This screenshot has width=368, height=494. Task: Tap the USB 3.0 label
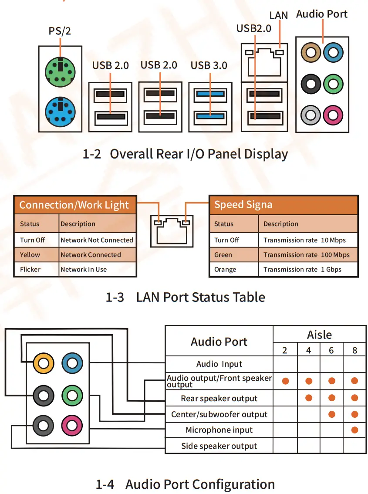click(x=209, y=66)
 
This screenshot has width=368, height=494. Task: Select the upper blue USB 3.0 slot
click(x=210, y=93)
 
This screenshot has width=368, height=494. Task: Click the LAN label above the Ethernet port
click(x=278, y=15)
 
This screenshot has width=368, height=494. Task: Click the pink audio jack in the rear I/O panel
click(x=333, y=115)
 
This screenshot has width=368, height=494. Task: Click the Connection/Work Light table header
click(x=74, y=205)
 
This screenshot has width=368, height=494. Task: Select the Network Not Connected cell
click(x=97, y=240)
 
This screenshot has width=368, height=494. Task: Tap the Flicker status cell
click(x=30, y=269)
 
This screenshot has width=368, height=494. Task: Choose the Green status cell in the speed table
click(x=223, y=255)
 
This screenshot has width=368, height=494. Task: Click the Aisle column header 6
click(x=331, y=350)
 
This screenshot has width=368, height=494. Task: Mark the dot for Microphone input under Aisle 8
click(x=354, y=430)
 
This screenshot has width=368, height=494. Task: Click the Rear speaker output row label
click(x=219, y=399)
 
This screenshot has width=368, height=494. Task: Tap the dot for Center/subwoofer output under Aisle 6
click(x=331, y=414)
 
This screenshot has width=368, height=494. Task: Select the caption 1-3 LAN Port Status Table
click(x=185, y=297)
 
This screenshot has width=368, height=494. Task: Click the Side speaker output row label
click(x=219, y=446)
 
